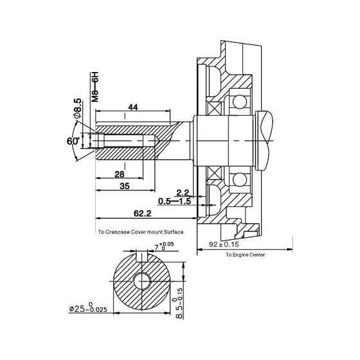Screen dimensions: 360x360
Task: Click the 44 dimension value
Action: [x=133, y=107]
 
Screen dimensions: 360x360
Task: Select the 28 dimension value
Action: [x=120, y=174]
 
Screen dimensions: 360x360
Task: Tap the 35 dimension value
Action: [x=125, y=186]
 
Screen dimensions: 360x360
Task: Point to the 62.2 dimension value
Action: [x=142, y=213]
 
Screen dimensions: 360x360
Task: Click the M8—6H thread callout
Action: [x=95, y=87]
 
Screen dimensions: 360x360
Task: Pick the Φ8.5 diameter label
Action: [x=77, y=109]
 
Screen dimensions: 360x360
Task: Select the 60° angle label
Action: [x=73, y=141]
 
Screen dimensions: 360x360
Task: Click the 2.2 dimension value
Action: [x=183, y=192]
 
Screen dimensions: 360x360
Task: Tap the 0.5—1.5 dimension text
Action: [x=175, y=201]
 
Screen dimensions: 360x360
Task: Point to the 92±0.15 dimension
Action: [x=224, y=244]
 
